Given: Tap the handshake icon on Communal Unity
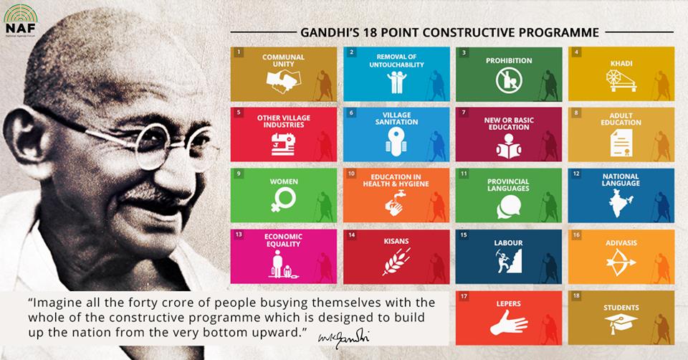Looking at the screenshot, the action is click(x=284, y=81).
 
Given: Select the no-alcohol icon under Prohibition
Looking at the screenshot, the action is click(x=509, y=80).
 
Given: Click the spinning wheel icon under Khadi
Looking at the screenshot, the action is click(x=621, y=80).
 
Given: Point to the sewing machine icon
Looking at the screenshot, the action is click(x=283, y=143).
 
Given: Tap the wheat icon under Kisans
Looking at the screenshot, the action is click(x=396, y=261).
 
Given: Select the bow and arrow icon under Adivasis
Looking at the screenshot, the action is click(x=621, y=262).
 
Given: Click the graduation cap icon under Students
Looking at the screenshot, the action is click(x=621, y=324).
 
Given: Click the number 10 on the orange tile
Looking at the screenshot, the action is click(x=351, y=174).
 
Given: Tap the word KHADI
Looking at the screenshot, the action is click(x=621, y=63).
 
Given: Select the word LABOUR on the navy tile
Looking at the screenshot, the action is click(x=508, y=242).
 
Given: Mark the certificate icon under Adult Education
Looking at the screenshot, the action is click(x=621, y=143).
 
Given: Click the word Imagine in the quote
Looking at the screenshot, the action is click(x=55, y=303).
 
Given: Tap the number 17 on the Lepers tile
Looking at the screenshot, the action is click(x=464, y=296).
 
